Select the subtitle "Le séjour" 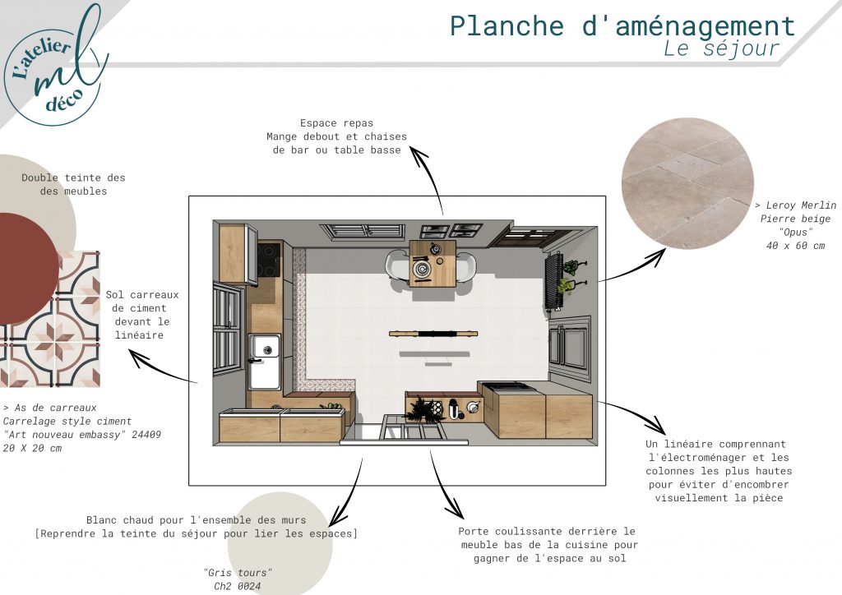tap(721, 49)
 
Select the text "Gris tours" tap(237, 572)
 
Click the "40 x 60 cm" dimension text tap(794, 246)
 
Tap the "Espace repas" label tap(336, 122)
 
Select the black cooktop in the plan tap(268, 261)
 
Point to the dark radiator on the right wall tap(552, 281)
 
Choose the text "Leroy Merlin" tap(800, 205)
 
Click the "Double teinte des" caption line tap(73, 178)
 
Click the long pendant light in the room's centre tap(433, 334)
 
